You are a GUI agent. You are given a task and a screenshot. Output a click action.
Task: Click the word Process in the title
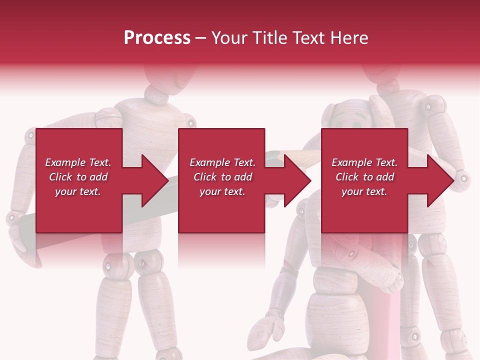(x=157, y=38)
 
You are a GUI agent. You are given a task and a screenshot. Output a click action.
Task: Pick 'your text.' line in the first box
(x=77, y=191)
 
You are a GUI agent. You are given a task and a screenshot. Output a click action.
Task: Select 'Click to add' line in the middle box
(x=222, y=177)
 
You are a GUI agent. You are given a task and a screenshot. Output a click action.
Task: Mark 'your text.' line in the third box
(x=364, y=191)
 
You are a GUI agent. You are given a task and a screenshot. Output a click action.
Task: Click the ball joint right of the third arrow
(x=463, y=177)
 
